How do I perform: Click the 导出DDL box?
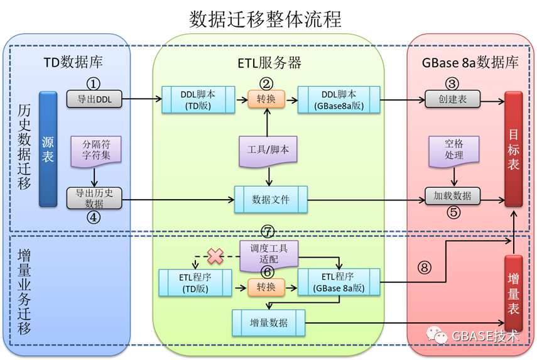click(x=94, y=99)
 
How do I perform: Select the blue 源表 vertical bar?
click(x=48, y=149)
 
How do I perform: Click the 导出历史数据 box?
click(x=94, y=197)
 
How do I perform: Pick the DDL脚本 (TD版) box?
click(x=198, y=99)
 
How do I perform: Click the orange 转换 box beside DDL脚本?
click(x=266, y=99)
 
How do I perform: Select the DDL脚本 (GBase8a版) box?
click(x=339, y=99)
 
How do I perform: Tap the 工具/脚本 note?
click(x=269, y=151)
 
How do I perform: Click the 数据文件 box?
click(x=271, y=199)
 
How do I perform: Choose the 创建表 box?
click(x=453, y=99)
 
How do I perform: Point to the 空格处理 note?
click(x=453, y=150)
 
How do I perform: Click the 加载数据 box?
click(x=453, y=195)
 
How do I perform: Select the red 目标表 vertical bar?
click(x=513, y=149)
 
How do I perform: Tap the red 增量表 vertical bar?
click(x=513, y=293)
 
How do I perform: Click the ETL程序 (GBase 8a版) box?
click(x=339, y=282)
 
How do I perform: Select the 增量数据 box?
click(x=269, y=322)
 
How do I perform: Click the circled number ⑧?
click(x=425, y=267)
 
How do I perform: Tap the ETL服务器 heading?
click(x=269, y=62)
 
